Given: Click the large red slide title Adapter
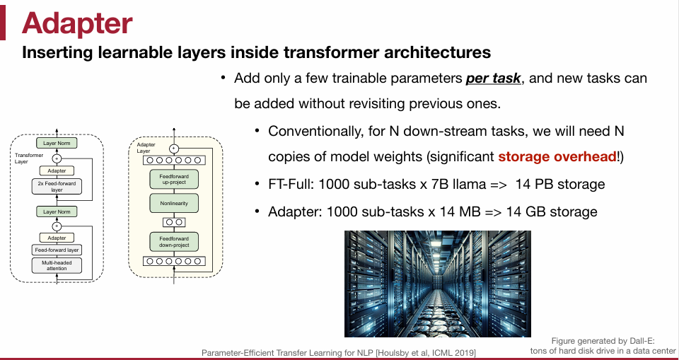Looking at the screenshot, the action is pyautogui.click(x=77, y=23).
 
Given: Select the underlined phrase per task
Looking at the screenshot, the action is pyautogui.click(x=494, y=78).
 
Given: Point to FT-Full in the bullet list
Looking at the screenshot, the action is pyautogui.click(x=292, y=185).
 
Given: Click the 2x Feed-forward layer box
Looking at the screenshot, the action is pyautogui.click(x=57, y=187).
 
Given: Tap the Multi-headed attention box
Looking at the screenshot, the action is pyautogui.click(x=57, y=266).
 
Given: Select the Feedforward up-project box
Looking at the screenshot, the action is pyautogui.click(x=174, y=179).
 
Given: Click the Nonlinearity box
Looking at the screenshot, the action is pyautogui.click(x=174, y=204).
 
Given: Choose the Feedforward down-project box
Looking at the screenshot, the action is pyautogui.click(x=174, y=241).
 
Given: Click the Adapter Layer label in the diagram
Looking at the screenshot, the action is pyautogui.click(x=145, y=148).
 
